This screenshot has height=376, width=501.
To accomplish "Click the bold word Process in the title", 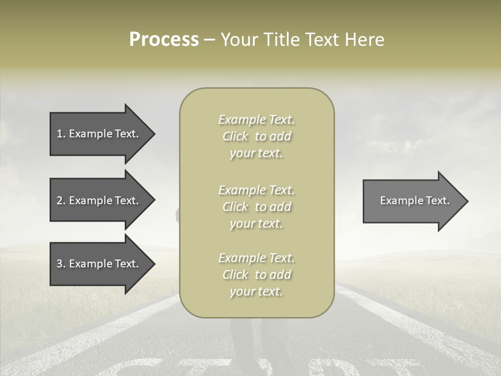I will pos(164,40).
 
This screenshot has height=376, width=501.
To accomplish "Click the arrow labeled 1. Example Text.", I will pos(99,134).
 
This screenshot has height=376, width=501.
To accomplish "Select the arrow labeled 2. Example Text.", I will pos(99,201).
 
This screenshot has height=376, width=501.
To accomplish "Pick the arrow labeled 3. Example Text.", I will pos(99,264).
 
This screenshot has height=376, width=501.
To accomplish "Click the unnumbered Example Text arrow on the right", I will pos(412,201).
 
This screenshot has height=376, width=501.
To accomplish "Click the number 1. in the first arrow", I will pos(61,134).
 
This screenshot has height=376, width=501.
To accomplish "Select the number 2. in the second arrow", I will pos(61,201).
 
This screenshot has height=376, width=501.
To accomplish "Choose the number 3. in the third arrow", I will pos(61,264).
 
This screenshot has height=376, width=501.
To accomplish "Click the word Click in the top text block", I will pos(235,136).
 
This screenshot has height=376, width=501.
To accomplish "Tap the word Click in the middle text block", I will pos(235,207).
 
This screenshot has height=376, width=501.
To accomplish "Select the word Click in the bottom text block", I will pos(235,275).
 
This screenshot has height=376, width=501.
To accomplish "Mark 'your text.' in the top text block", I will pos(256,154).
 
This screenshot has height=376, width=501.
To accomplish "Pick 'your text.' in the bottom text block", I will pos(256,291).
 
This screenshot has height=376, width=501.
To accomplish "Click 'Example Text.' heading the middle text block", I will pos(256,190).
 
